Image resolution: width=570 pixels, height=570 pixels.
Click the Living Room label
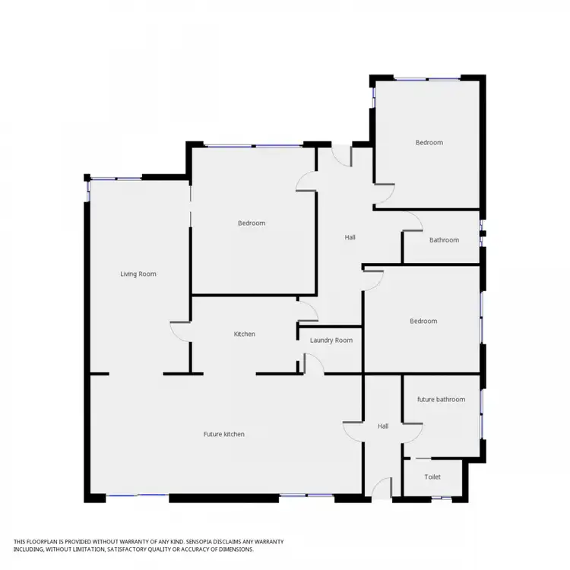pos(138,274)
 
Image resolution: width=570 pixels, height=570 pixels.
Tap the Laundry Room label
pos(331,340)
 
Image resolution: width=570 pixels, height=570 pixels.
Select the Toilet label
pos(432,477)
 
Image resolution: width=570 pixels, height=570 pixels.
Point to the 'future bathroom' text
pos(441,399)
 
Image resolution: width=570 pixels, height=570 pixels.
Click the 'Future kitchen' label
pos(223,434)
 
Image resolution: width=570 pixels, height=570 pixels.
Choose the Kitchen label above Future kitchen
pos(244,334)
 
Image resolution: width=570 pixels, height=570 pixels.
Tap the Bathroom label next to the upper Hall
pos(444,240)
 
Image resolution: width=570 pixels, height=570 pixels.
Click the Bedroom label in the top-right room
pos(429,142)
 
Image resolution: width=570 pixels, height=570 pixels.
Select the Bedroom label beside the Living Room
pos(252,223)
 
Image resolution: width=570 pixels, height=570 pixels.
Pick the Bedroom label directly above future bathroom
pos(423,321)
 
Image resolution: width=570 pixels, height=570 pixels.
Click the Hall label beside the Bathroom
pos(350,237)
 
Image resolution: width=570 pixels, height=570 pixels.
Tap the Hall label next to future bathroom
pos(383,426)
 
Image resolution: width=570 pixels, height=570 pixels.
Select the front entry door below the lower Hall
pos(382,488)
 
